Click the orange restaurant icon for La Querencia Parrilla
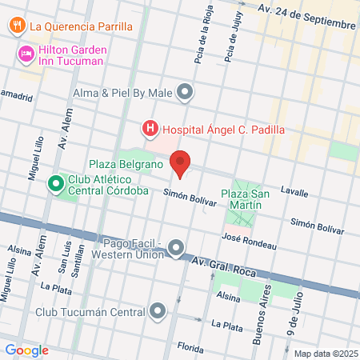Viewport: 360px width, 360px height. [17, 25]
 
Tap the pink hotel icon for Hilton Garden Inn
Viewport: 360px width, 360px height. [25, 54]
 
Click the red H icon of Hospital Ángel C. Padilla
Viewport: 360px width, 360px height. [149, 128]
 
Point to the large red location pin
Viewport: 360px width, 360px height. [181, 162]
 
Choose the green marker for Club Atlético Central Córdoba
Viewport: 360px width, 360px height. [56, 185]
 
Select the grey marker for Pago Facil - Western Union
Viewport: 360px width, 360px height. [177, 249]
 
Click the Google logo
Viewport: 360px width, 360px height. [26, 350]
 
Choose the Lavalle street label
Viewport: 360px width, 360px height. [296, 192]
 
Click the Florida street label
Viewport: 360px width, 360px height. [191, 347]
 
